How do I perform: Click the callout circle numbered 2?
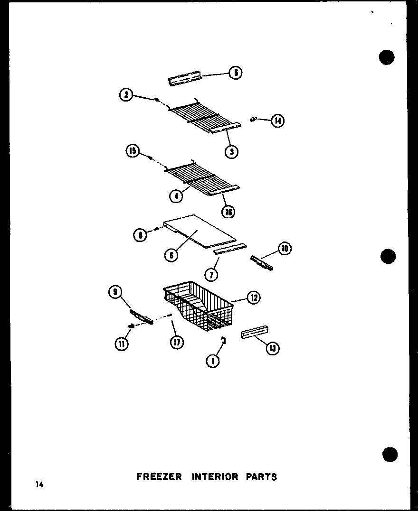(126, 95)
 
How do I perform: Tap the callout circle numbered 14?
(277, 121)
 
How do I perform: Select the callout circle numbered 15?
(133, 152)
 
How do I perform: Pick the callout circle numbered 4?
(176, 195)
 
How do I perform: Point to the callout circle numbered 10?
(285, 248)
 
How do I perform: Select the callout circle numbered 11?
(122, 344)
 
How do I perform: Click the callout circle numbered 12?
(254, 297)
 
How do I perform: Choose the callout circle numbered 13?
(273, 349)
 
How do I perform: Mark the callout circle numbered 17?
(177, 342)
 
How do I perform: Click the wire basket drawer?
(199, 308)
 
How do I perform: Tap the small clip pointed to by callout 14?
(253, 119)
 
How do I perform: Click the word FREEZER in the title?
(159, 477)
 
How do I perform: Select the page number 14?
(38, 484)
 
